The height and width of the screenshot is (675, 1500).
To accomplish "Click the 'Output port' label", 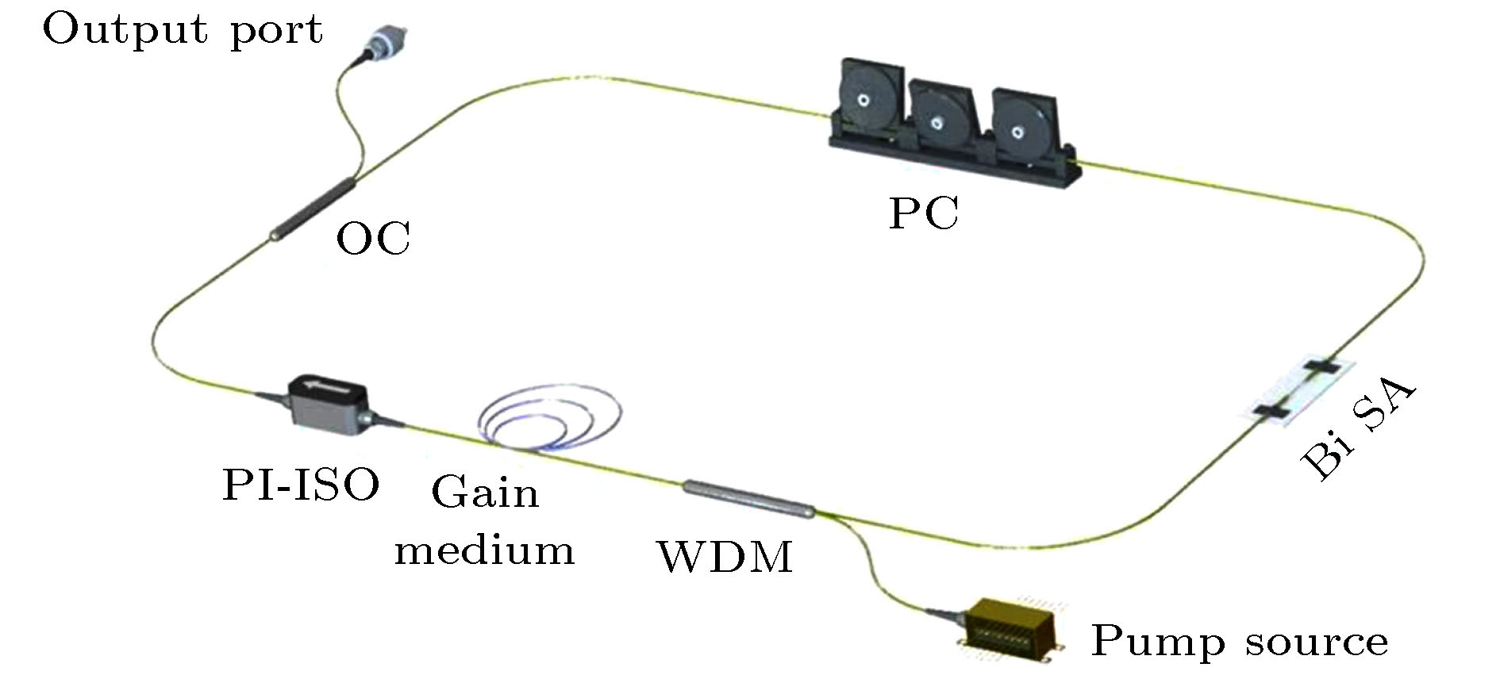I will [183, 30].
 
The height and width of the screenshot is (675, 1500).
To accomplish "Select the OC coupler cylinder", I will [312, 209].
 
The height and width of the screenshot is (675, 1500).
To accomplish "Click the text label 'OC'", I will [373, 238].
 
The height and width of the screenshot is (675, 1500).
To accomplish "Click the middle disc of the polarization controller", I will [939, 121].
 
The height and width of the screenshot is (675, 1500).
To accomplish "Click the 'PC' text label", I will [924, 213].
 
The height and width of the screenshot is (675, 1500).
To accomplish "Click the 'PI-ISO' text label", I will [300, 485].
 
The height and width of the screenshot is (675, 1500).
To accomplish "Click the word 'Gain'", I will [485, 493].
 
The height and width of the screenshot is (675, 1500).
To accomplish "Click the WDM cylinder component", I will [749, 499].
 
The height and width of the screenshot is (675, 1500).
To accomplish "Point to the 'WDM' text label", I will [725, 557].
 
